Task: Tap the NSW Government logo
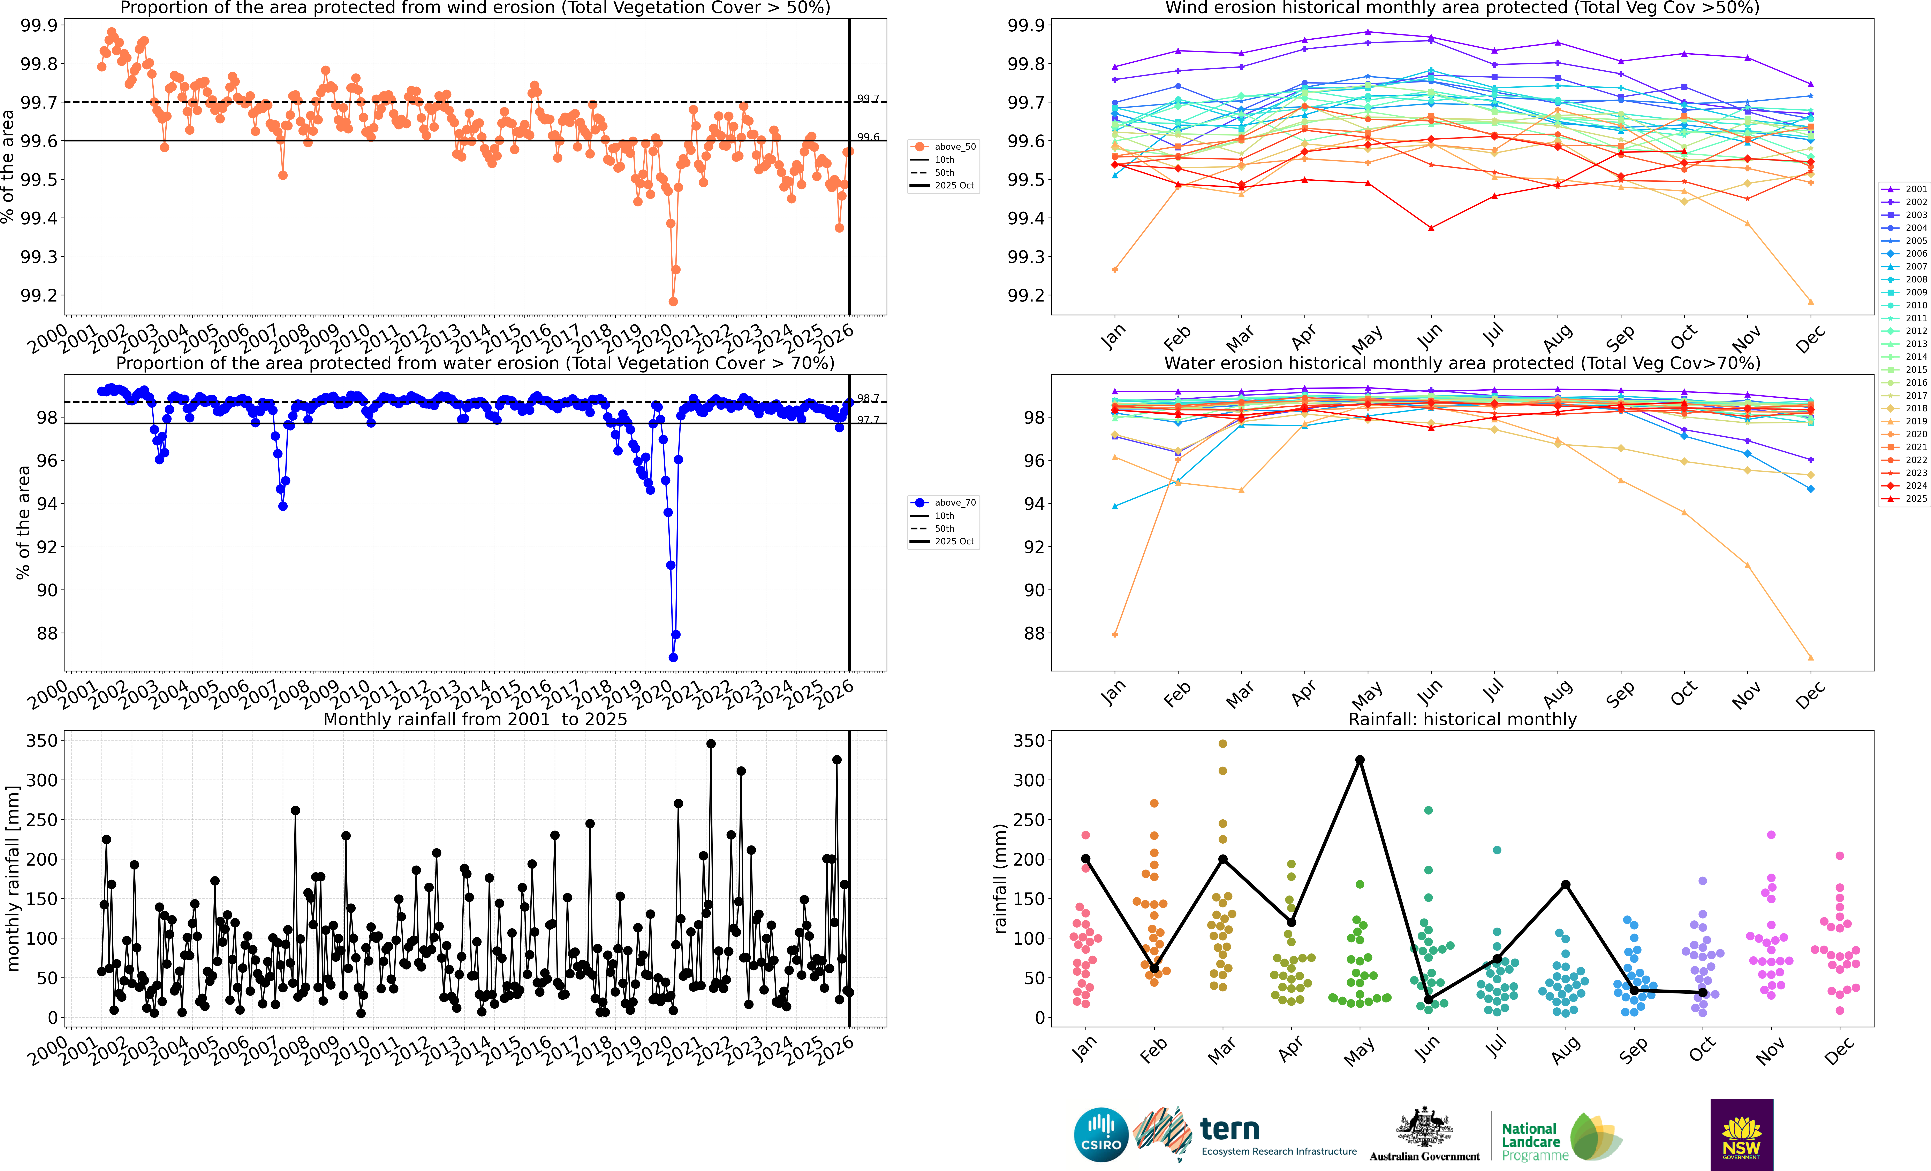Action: pos(1741,1134)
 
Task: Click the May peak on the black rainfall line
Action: pos(1360,760)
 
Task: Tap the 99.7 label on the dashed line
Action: pos(868,99)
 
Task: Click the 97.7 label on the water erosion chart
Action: pos(868,420)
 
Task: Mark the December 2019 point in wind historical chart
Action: pos(1810,302)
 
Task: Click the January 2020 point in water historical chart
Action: pos(1114,634)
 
